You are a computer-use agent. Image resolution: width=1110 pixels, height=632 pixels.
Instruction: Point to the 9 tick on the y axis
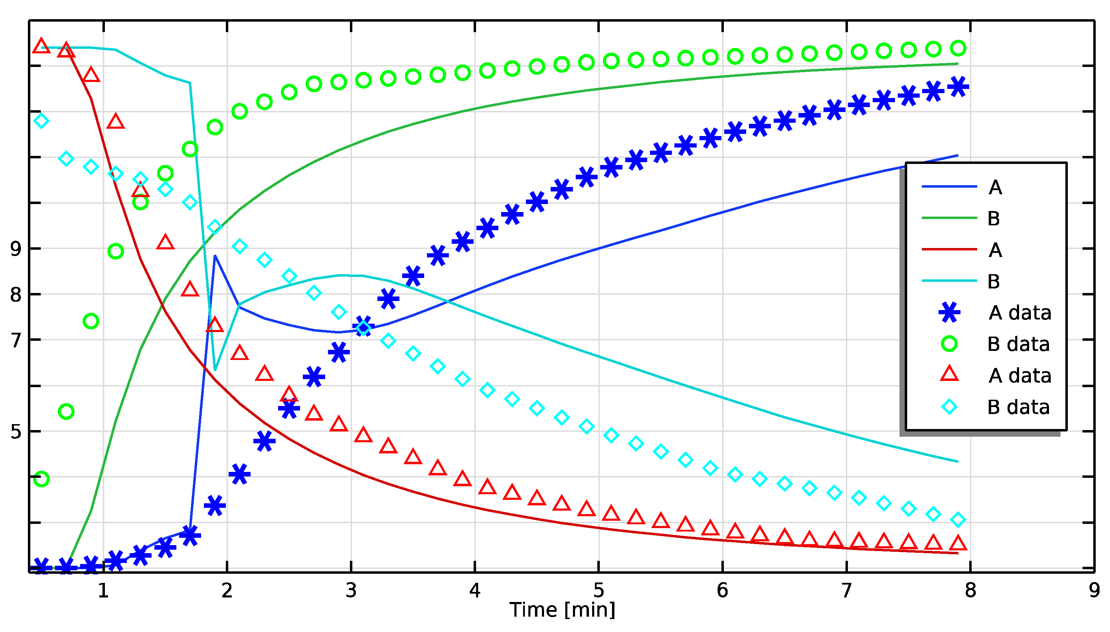[x=16, y=249]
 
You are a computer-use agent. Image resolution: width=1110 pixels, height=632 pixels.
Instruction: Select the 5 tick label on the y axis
[x=16, y=431]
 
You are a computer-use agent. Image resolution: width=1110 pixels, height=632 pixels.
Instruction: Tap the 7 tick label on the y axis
[x=16, y=340]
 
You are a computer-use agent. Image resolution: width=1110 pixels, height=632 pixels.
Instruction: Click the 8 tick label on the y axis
[x=16, y=295]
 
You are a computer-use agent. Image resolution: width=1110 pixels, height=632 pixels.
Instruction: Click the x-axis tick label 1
[x=103, y=590]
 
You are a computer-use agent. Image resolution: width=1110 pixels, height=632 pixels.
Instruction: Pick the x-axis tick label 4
[x=475, y=590]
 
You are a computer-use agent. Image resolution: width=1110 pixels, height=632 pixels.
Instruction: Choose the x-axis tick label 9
[x=1094, y=590]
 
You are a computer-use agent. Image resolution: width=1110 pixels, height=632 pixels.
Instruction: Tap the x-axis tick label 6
[x=722, y=590]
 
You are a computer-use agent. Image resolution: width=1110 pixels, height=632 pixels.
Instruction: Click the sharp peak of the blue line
[x=215, y=256]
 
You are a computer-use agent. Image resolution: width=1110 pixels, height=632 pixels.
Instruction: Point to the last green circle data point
[x=958, y=48]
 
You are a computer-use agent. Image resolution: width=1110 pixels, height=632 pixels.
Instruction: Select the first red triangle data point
[x=41, y=46]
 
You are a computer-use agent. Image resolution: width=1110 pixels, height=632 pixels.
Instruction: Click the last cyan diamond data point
[x=958, y=519]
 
